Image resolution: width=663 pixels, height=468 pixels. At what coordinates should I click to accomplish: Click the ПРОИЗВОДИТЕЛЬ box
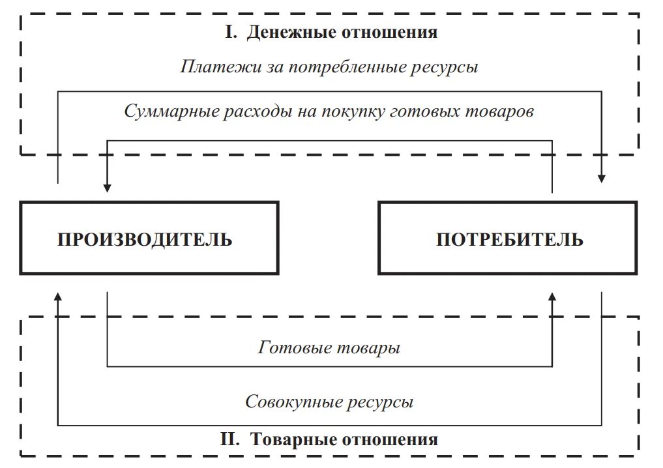(x=144, y=239)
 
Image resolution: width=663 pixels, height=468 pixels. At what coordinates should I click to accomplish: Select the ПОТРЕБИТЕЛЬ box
(x=508, y=239)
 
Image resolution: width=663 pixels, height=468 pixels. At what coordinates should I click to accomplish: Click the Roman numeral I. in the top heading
(x=231, y=32)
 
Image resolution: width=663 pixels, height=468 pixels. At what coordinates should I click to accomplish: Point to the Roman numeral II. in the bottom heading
(x=231, y=439)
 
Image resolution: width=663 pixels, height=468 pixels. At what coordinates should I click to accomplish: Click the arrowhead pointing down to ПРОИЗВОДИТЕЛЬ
(x=108, y=186)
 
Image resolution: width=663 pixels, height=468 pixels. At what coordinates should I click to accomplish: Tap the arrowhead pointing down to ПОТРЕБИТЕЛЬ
(x=602, y=177)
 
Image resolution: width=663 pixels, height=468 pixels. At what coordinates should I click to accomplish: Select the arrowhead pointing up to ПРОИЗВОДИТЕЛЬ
(x=58, y=297)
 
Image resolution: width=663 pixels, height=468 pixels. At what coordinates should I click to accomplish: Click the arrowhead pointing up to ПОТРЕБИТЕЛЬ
(x=552, y=297)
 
